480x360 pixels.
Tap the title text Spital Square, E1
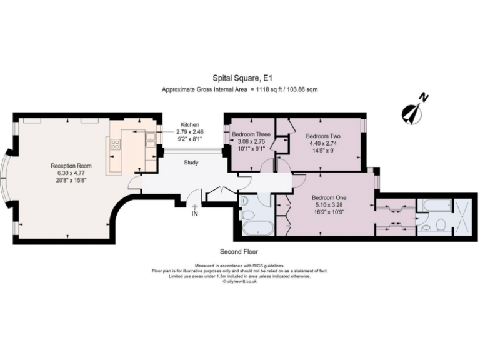(239, 78)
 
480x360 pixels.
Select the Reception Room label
(71, 166)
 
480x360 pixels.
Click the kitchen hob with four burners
(115, 146)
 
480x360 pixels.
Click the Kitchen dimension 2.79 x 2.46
(190, 132)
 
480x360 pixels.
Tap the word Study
(191, 163)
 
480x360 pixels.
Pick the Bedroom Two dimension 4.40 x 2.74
(323, 143)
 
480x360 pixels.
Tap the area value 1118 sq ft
(269, 90)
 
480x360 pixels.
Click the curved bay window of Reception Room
(9, 178)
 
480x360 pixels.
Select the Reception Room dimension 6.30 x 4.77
(71, 173)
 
